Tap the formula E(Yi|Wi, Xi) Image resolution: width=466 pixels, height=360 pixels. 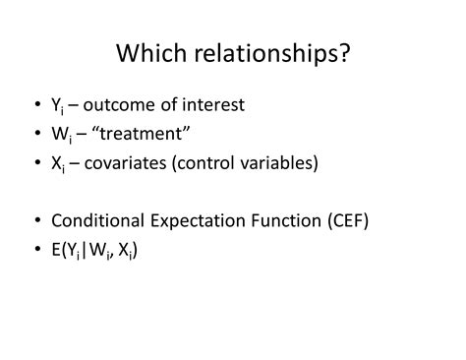(x=94, y=250)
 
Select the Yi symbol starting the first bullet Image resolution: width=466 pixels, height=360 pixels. (x=56, y=105)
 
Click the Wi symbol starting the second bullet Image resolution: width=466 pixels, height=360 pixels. (x=59, y=134)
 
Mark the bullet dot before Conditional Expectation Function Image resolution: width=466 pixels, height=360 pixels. (x=35, y=220)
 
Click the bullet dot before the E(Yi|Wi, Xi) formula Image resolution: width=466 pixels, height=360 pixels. (x=35, y=250)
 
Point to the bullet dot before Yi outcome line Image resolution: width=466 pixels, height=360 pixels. (x=35, y=104)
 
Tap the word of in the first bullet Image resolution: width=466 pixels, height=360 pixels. (x=179, y=104)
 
